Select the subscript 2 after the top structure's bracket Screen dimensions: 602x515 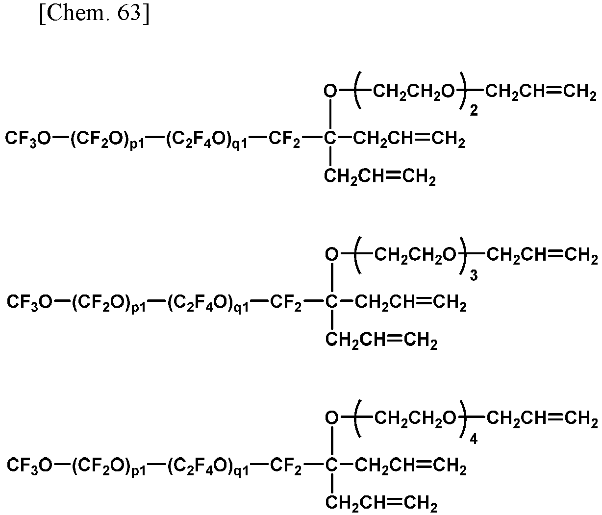[x=474, y=111]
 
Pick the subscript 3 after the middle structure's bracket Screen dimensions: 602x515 [x=474, y=275]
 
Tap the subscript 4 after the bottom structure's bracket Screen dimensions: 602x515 [x=474, y=439]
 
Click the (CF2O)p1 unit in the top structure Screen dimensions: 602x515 [x=107, y=140]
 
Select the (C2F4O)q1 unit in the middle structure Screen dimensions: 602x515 [x=208, y=303]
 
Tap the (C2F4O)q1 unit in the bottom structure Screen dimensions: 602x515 [x=208, y=466]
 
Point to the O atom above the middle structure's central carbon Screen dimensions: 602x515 [x=332, y=254]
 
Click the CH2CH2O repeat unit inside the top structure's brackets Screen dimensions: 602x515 [x=414, y=92]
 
